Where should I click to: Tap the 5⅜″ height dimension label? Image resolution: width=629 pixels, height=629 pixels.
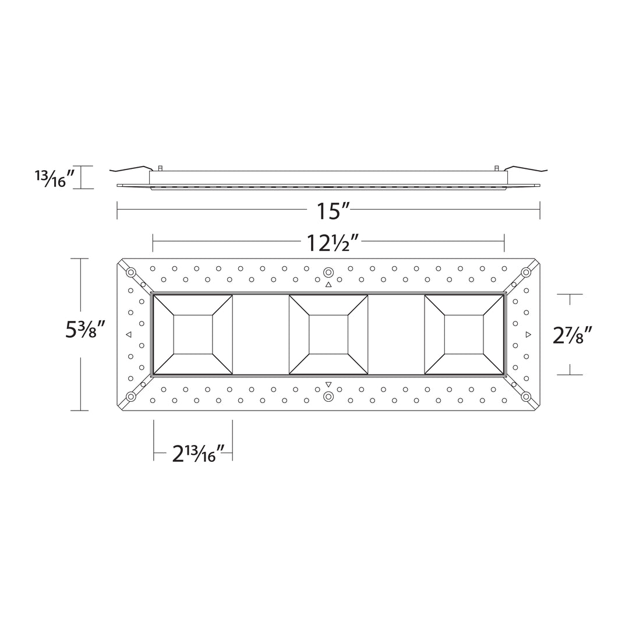(x=85, y=330)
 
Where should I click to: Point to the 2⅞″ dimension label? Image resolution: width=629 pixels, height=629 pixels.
(x=573, y=335)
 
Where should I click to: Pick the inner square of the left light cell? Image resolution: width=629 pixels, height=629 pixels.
(x=193, y=334)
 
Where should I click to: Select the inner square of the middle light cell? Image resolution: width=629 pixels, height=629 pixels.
(x=328, y=334)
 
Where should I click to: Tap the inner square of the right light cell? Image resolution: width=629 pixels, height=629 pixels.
(x=464, y=334)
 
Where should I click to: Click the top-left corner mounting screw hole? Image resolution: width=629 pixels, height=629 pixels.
(x=131, y=273)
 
